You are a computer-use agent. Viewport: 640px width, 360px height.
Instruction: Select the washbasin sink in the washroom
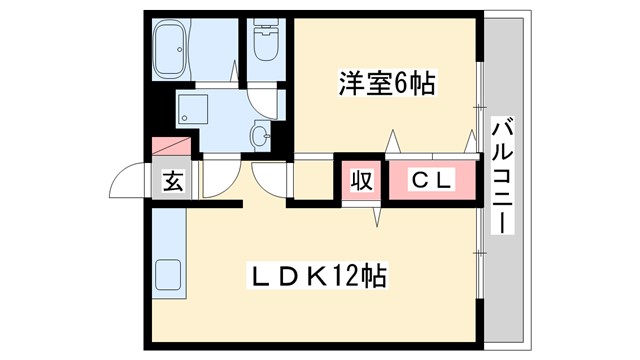262,134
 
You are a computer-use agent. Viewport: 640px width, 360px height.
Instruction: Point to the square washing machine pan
192,110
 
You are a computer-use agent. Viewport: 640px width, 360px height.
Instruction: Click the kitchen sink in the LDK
168,274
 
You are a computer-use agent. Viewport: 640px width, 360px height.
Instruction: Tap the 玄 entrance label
173,181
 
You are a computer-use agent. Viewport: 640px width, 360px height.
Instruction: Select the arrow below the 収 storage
378,215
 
